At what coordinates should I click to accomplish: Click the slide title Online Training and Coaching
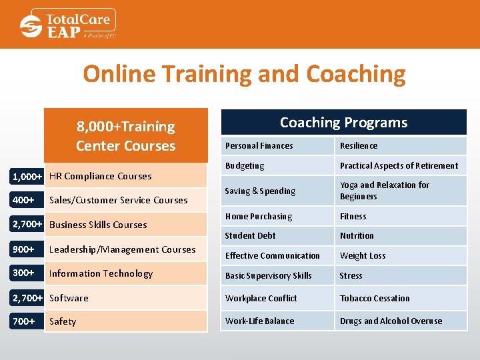point(244,73)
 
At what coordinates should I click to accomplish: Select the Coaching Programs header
point(343,123)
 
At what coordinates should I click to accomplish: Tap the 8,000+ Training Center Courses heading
point(125,136)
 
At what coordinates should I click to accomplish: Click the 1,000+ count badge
point(28,176)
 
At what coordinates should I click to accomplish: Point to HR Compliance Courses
point(101,176)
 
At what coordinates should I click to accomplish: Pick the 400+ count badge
point(24,199)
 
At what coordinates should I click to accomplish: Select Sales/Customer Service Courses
point(119,200)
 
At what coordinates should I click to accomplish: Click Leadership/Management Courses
point(123,249)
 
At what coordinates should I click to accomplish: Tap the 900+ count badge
point(24,249)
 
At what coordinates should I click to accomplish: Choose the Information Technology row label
point(101,273)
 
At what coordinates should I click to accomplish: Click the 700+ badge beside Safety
point(24,321)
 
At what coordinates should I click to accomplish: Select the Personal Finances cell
point(259,145)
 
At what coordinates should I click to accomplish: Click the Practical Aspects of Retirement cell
point(399,165)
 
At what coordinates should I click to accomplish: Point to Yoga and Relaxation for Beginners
point(385,191)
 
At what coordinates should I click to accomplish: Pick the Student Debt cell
point(250,235)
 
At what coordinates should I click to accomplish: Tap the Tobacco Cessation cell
point(375,298)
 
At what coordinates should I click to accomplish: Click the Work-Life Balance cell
point(259,321)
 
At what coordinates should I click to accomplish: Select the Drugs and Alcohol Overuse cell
point(391,321)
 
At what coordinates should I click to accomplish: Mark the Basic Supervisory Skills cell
point(268,275)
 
